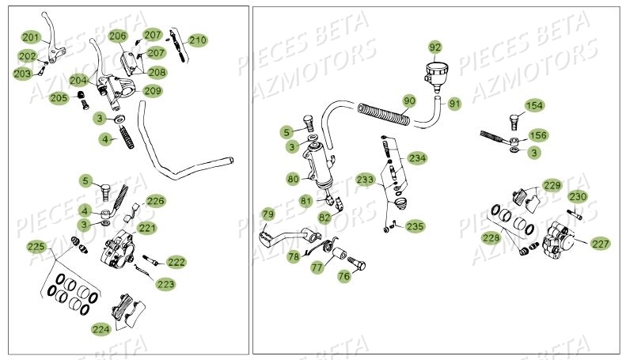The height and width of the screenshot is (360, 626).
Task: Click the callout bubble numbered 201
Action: [30, 37]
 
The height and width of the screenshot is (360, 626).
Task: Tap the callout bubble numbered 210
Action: [197, 40]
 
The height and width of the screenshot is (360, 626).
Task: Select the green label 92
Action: [436, 46]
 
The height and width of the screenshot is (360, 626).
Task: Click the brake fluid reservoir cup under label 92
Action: [434, 72]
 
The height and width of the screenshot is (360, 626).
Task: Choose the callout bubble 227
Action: [600, 244]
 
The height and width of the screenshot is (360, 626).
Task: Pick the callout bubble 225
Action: [36, 246]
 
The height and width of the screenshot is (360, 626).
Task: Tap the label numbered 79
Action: [267, 214]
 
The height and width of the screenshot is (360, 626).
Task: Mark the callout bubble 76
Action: [343, 276]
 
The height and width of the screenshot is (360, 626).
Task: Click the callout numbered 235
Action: [415, 226]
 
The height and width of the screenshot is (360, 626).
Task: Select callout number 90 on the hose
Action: [408, 101]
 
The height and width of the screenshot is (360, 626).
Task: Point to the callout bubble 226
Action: [155, 201]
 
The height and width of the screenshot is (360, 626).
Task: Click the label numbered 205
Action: [59, 98]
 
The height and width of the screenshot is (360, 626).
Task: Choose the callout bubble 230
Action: [577, 197]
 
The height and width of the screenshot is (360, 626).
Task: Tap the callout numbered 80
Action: [293, 180]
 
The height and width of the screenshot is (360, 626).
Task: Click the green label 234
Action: [417, 158]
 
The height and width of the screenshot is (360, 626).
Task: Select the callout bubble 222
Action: [176, 262]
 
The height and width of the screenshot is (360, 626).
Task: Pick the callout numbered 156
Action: [537, 135]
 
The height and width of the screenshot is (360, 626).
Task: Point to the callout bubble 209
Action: [153, 91]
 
